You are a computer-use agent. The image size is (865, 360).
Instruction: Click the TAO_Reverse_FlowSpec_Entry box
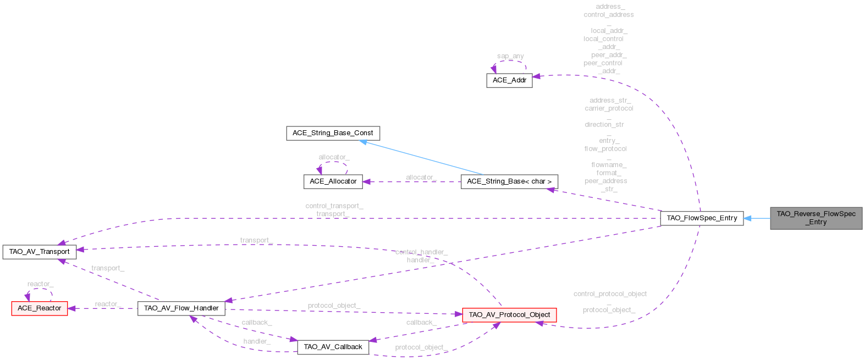coord(816,218)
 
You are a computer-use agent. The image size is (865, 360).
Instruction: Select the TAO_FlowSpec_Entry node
coord(701,218)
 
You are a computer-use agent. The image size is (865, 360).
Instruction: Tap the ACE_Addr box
coord(509,80)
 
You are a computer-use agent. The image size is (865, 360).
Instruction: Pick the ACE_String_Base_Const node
coord(333,133)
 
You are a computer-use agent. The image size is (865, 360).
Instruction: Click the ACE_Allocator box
coord(333,181)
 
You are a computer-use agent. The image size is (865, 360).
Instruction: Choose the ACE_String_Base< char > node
coord(509,181)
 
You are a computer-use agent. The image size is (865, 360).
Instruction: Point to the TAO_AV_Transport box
coord(39,252)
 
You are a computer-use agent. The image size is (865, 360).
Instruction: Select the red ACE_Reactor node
coord(39,308)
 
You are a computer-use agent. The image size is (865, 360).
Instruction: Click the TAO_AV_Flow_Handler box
coord(181,308)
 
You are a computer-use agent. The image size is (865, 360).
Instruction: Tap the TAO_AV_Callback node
coord(333,347)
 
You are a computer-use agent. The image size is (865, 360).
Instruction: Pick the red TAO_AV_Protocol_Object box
coord(509,315)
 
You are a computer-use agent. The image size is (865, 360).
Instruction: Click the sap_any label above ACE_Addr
coord(510,56)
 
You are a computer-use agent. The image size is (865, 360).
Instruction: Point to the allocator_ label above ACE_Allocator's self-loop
coord(334,157)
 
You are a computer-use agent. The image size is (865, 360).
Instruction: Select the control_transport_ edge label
coord(334,206)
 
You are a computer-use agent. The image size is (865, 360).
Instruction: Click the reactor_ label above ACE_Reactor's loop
coord(40,284)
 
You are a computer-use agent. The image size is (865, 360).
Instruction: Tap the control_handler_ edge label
coord(421,252)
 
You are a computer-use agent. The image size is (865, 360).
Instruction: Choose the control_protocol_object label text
coord(610,294)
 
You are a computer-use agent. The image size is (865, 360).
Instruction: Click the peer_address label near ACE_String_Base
coord(605,181)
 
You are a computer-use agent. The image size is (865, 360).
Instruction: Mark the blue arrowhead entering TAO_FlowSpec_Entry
coord(748,218)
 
